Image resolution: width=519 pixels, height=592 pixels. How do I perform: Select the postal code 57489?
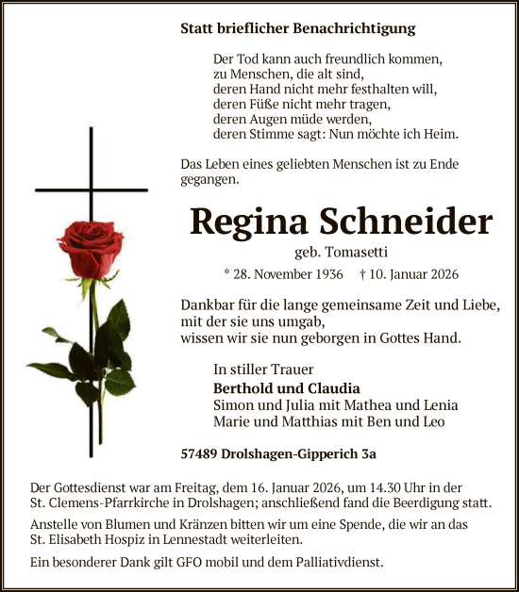[x=199, y=453]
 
